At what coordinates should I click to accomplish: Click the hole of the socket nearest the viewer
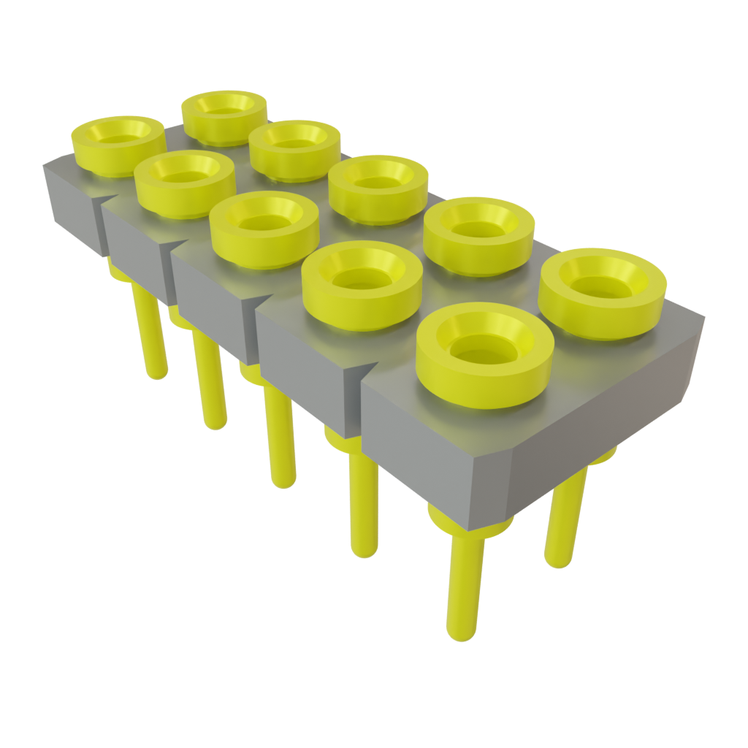[x=483, y=350]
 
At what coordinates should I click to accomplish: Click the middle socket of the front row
[x=264, y=223]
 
